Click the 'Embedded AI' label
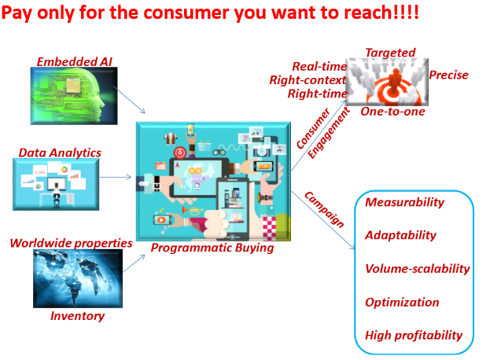[75, 61]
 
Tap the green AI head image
[74, 96]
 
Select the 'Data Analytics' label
[60, 152]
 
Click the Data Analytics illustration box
[56, 185]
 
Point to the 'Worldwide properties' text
[71, 243]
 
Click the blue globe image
[78, 278]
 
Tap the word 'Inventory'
[78, 316]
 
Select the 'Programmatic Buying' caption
[212, 248]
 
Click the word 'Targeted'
[391, 53]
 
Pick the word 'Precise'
[448, 75]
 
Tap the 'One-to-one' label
[392, 112]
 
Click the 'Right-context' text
[307, 80]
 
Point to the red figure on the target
[395, 81]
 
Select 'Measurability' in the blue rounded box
[404, 202]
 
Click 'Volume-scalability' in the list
[418, 269]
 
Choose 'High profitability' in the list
[414, 335]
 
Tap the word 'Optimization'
[402, 302]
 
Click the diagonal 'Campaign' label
[324, 210]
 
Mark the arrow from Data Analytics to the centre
[116, 177]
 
